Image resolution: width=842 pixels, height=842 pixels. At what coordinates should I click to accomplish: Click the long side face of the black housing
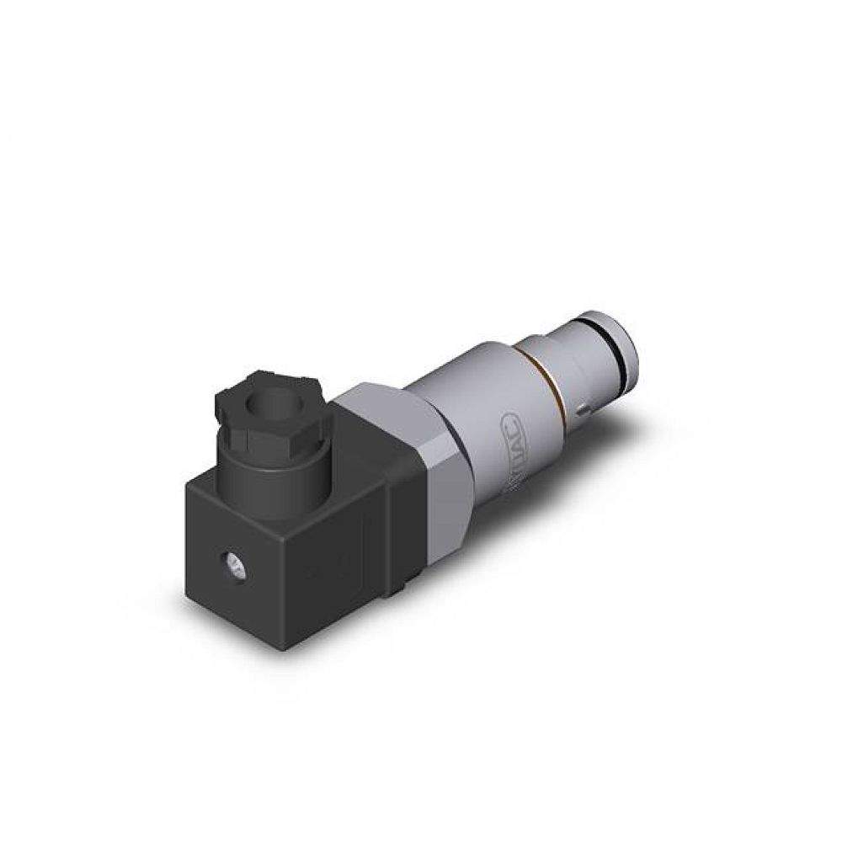(345, 547)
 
